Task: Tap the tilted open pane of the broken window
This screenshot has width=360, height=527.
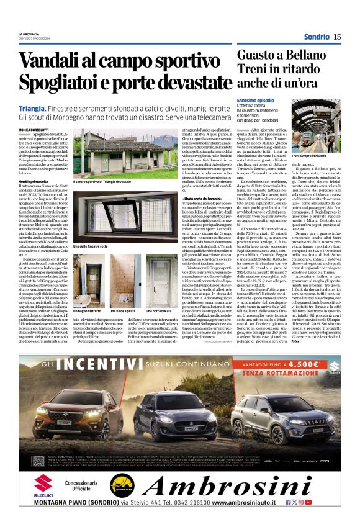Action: coord(99,217)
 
